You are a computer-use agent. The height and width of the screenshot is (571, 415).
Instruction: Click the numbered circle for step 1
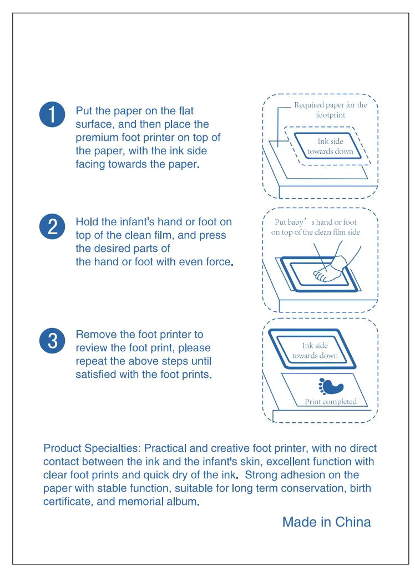[52, 114]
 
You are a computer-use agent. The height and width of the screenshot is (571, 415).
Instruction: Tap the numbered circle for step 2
[52, 226]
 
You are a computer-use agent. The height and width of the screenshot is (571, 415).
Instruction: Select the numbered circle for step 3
[52, 341]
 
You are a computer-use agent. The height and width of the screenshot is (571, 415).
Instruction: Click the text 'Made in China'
[327, 522]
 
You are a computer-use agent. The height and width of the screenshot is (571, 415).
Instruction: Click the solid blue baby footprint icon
[331, 386]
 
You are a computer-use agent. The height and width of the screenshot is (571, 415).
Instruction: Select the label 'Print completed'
[331, 401]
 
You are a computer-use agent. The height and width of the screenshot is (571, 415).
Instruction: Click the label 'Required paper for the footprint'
[331, 110]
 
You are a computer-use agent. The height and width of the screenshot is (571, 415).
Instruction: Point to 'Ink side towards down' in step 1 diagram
[330, 146]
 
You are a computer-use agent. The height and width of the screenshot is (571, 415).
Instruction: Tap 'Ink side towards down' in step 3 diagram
[315, 350]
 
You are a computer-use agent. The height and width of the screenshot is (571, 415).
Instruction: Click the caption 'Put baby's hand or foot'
[315, 222]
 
